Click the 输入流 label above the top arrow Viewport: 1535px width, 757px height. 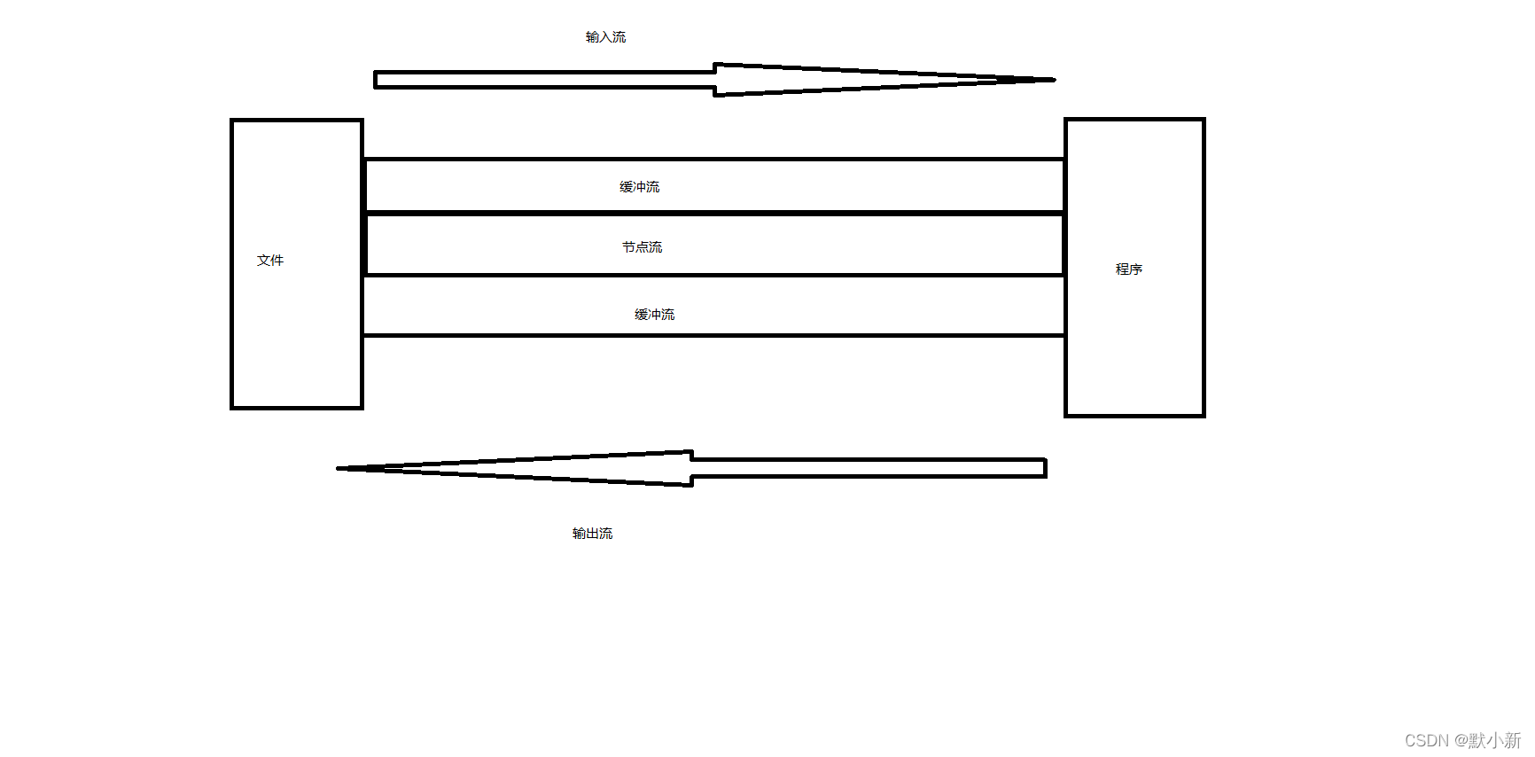coord(605,37)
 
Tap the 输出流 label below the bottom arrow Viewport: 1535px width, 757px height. coord(592,534)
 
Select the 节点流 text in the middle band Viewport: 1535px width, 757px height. coord(642,247)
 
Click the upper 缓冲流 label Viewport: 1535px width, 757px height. coord(639,187)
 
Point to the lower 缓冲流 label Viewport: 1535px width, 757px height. coord(654,315)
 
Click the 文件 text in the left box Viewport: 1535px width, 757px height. coord(270,261)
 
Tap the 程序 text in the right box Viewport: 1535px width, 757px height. coord(1128,269)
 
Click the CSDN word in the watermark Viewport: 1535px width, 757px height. coord(1426,740)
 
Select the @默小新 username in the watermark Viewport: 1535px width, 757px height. coord(1487,740)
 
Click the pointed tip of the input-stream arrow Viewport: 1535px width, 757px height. coord(1052,80)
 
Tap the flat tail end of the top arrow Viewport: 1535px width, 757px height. coord(376,80)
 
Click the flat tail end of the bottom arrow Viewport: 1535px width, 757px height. coord(1046,468)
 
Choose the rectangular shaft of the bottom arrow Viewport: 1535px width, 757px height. coord(869,468)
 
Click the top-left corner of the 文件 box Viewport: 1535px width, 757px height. coord(232,121)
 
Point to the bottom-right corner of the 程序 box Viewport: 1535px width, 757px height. coord(1203,415)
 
